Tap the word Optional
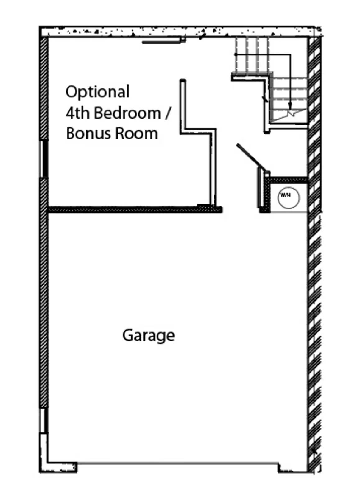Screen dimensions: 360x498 pos(97,92)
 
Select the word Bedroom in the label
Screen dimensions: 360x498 pos(127,113)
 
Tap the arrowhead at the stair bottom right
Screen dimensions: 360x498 pos(290,107)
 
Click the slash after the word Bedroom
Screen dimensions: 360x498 pos(168,113)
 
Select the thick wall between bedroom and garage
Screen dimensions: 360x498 pos(135,210)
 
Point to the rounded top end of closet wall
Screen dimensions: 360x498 pos(183,81)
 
